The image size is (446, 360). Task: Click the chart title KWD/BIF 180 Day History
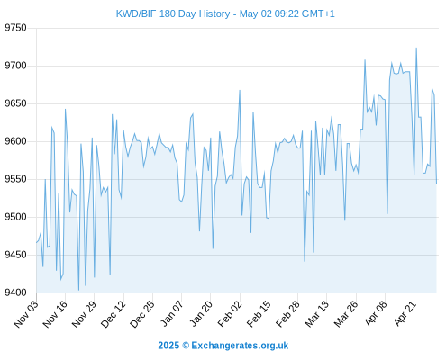point(173,13)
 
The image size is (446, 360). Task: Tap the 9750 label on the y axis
point(15,28)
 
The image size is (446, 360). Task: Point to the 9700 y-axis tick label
point(15,66)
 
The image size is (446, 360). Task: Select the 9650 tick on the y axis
point(15,103)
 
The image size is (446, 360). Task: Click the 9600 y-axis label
point(15,141)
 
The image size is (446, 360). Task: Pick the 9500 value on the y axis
point(15,217)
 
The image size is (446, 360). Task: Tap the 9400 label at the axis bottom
point(15,292)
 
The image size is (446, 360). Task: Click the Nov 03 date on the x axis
point(26,313)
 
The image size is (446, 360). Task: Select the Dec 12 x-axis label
point(113,313)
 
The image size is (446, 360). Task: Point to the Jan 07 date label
point(171,313)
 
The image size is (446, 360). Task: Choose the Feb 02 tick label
point(230,313)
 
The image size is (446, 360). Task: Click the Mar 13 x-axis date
point(316,313)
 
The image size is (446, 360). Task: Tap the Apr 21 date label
point(405,313)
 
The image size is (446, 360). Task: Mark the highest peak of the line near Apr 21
point(416,48)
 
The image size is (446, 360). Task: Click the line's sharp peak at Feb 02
point(240,90)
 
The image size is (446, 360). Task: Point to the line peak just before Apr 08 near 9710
point(365,60)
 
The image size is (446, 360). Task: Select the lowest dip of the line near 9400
point(78,290)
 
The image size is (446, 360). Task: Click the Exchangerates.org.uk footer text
point(240,346)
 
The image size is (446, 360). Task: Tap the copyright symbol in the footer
point(186,346)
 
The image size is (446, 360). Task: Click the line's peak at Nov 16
point(65,109)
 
